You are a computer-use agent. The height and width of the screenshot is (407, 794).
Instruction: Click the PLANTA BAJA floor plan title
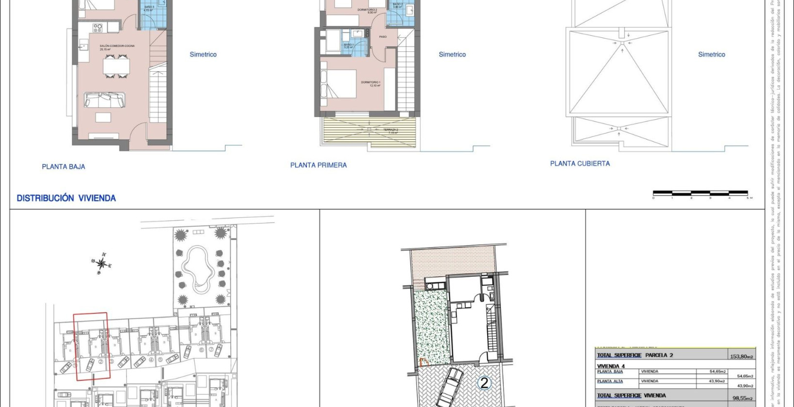pyautogui.click(x=64, y=167)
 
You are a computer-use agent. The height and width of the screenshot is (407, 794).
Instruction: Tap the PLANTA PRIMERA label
pyautogui.click(x=318, y=165)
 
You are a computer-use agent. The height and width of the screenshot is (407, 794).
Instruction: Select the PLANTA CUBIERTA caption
pyautogui.click(x=580, y=164)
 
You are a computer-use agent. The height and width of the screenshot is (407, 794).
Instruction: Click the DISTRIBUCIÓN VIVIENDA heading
pyautogui.click(x=66, y=198)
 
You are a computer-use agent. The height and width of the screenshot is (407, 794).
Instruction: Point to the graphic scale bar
pyautogui.click(x=700, y=193)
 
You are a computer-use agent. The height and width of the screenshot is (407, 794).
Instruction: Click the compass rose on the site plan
pyautogui.click(x=101, y=264)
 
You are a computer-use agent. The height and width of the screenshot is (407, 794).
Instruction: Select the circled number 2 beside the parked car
pyautogui.click(x=484, y=383)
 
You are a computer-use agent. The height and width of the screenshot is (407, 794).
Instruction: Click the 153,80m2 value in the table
pyautogui.click(x=741, y=357)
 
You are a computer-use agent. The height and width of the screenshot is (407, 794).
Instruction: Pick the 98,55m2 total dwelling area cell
pyautogui.click(x=741, y=398)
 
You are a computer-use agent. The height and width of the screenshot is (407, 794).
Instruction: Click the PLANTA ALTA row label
pyautogui.click(x=610, y=381)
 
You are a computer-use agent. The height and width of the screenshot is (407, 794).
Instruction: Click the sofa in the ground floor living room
pyautogui.click(x=105, y=100)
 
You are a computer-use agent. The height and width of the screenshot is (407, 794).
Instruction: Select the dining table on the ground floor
pyautogui.click(x=116, y=66)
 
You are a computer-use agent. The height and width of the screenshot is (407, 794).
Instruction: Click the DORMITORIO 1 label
pyautogui.click(x=370, y=83)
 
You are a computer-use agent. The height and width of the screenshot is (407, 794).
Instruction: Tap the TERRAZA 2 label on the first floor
pyautogui.click(x=390, y=131)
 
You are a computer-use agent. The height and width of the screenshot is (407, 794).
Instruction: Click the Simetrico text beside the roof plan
pyautogui.click(x=711, y=55)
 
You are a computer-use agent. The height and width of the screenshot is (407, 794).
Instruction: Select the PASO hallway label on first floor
pyautogui.click(x=383, y=37)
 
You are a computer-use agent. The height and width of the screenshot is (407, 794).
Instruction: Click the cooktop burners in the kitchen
pyautogui.click(x=98, y=27)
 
